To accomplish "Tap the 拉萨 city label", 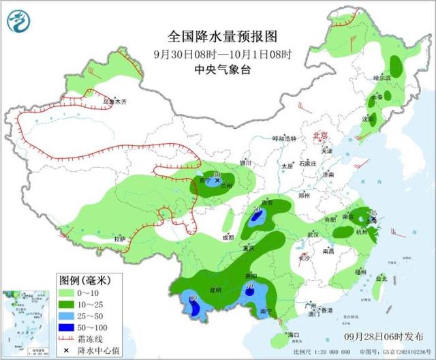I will point(120,239).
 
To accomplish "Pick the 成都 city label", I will point(228,237).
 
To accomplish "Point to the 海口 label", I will point(294,335).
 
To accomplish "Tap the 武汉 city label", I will point(313,234).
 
